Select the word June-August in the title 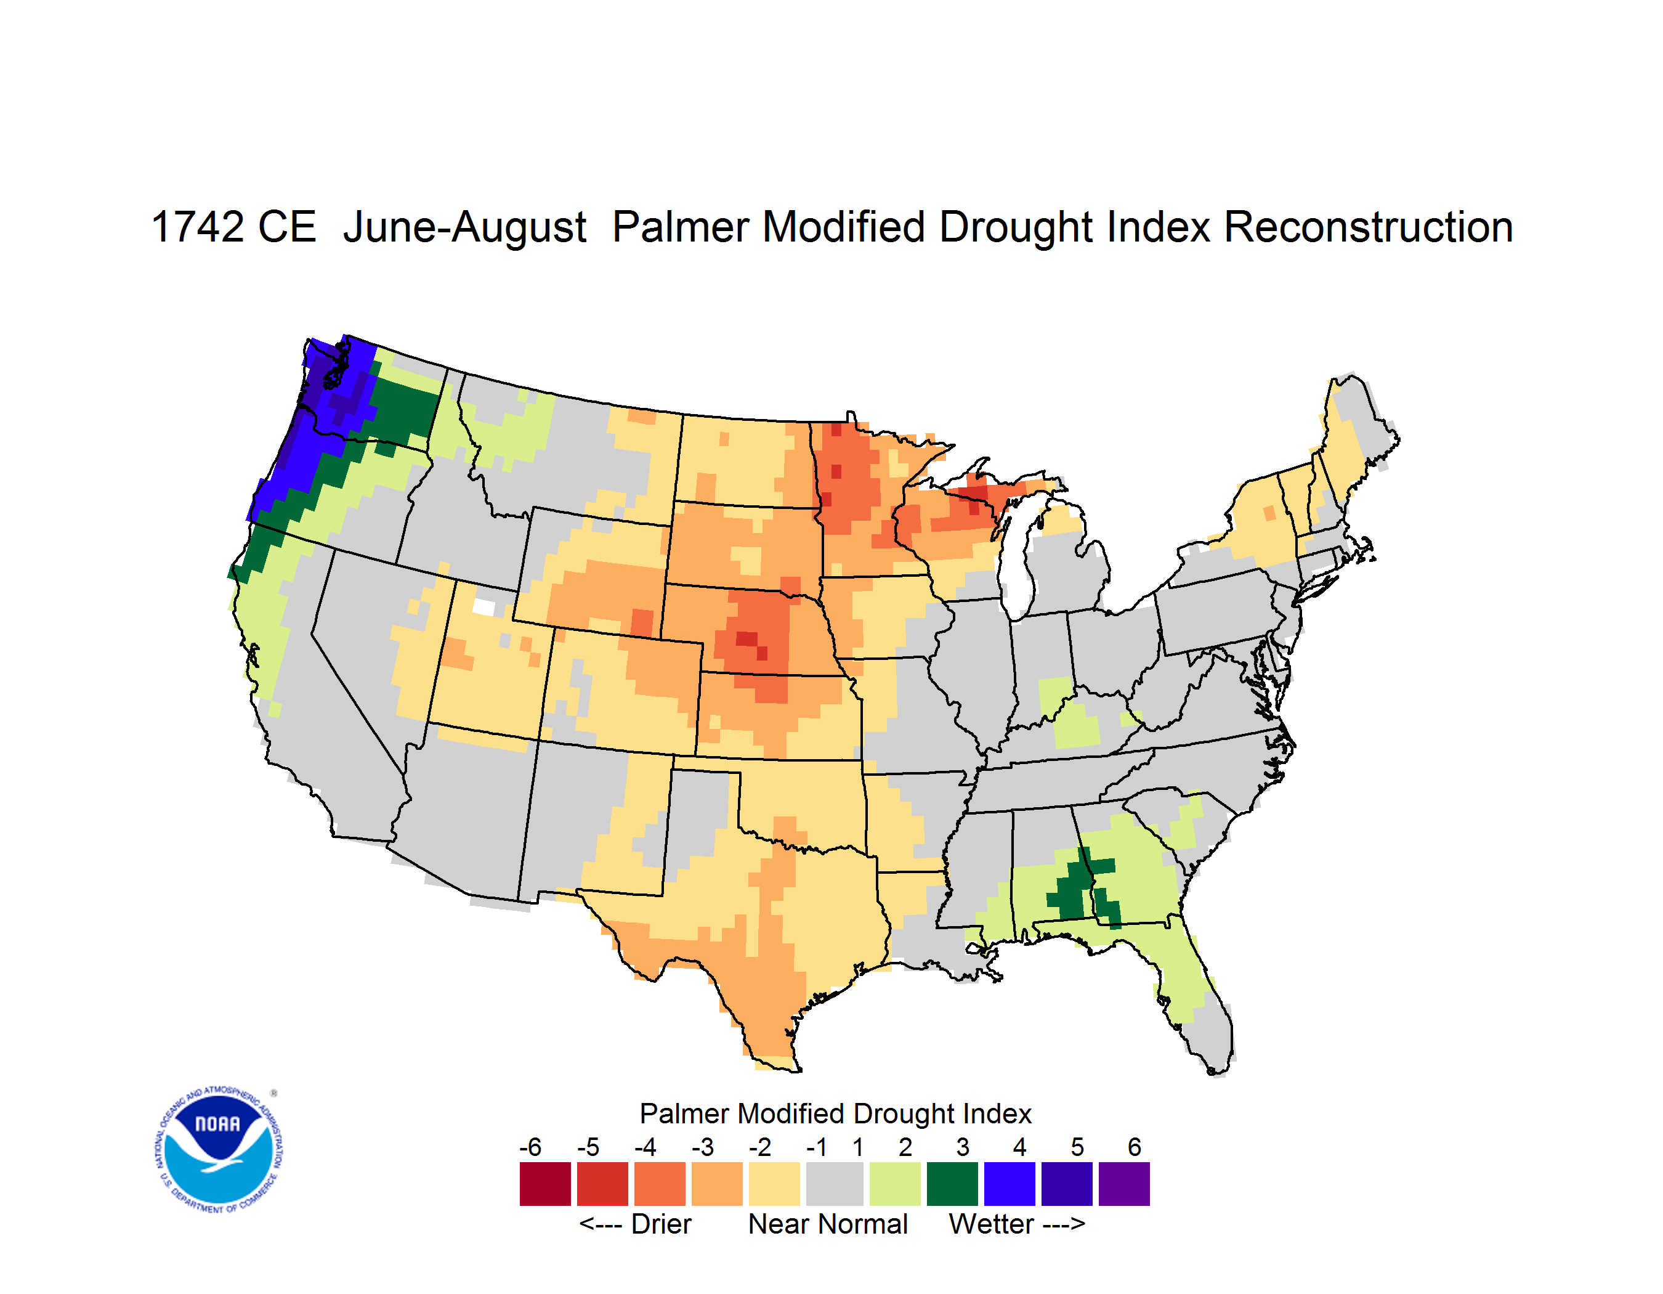click(x=464, y=228)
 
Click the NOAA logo click(x=219, y=1150)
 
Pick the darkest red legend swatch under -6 click(x=545, y=1184)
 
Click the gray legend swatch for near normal click(x=835, y=1184)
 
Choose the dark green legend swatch click(x=952, y=1184)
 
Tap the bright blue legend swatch click(x=1010, y=1184)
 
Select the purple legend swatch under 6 click(x=1124, y=1184)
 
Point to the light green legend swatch click(x=895, y=1184)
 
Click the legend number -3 click(x=703, y=1147)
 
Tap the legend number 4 click(x=1019, y=1147)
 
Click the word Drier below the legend click(x=661, y=1224)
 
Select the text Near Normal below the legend click(x=828, y=1224)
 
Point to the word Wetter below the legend click(x=990, y=1224)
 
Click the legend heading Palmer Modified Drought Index click(x=835, y=1113)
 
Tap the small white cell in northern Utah click(x=484, y=606)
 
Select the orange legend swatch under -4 click(x=660, y=1184)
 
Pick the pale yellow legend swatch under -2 click(x=774, y=1184)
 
